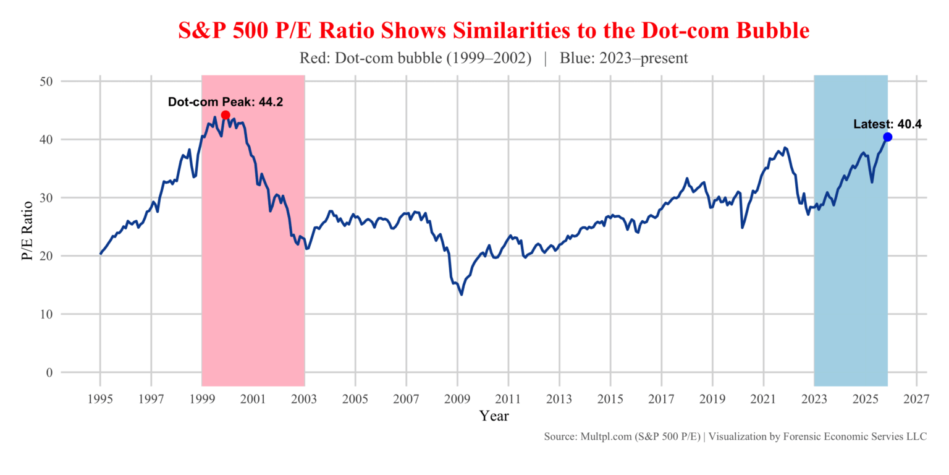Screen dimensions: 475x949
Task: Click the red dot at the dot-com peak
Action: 226,115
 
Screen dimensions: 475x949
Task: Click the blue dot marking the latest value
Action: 887,137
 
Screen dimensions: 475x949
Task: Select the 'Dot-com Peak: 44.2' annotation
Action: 226,102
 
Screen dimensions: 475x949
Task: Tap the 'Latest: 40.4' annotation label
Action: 887,124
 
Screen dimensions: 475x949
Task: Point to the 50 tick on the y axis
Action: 47,82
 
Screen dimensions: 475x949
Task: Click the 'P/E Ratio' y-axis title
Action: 27,226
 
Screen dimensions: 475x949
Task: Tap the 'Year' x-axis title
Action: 494,416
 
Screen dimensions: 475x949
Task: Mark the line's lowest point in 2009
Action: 462,294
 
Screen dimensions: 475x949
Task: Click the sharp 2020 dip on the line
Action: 742,227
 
